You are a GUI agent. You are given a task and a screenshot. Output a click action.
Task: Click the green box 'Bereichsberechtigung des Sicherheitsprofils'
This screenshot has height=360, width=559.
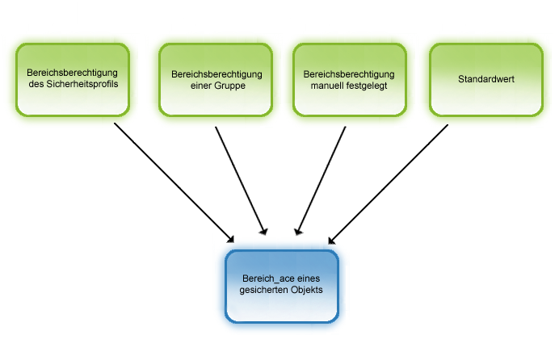click(x=74, y=79)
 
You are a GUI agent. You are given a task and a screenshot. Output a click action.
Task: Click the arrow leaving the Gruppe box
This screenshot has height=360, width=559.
click(x=240, y=179)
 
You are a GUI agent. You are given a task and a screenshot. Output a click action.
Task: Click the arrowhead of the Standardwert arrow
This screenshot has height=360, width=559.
click(x=330, y=239)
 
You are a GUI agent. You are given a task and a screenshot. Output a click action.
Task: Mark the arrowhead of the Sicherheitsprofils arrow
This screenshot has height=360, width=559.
click(x=231, y=239)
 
